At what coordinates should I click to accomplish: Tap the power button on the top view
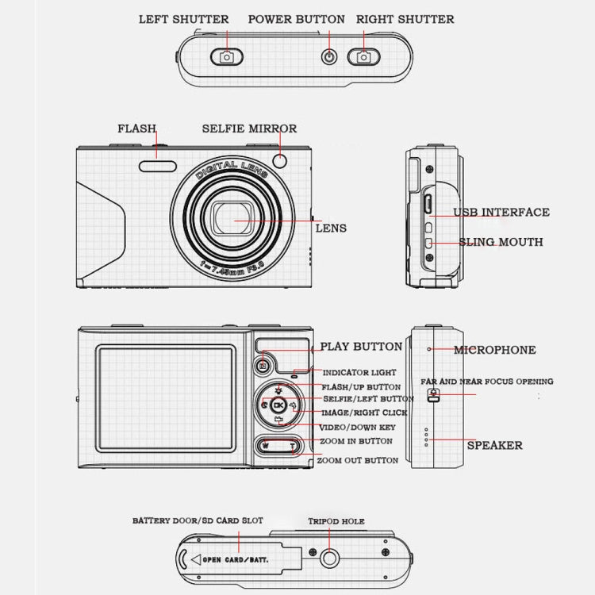tap(328, 56)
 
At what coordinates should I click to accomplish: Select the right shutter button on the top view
tap(364, 56)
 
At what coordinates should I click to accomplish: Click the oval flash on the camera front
tap(159, 164)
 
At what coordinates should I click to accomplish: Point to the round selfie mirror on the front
tap(279, 161)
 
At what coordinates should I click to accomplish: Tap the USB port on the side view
tap(426, 204)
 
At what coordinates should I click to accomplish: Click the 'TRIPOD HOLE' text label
tap(336, 521)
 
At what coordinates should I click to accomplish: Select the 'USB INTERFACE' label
tap(501, 213)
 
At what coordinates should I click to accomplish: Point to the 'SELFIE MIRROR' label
tap(249, 129)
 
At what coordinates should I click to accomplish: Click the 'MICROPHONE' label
tap(494, 350)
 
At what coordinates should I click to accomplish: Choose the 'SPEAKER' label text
tap(494, 445)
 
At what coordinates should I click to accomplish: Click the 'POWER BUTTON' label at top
tap(297, 19)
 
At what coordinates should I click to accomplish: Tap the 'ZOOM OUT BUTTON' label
tap(357, 460)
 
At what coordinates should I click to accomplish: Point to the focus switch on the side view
tap(433, 395)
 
